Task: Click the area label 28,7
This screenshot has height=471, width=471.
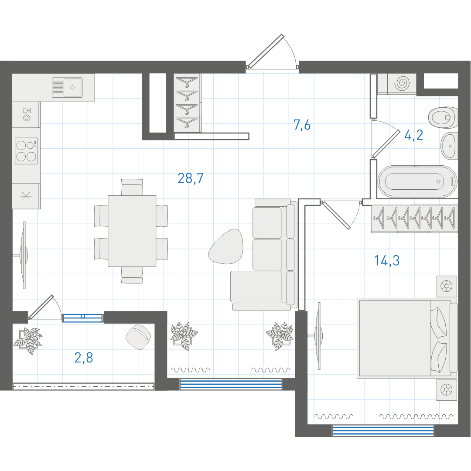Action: pyautogui.click(x=191, y=178)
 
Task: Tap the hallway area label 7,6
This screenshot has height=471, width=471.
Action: pyautogui.click(x=302, y=125)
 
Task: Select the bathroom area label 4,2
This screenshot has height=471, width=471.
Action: pyautogui.click(x=413, y=135)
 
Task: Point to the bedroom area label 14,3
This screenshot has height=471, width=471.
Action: pyautogui.click(x=387, y=260)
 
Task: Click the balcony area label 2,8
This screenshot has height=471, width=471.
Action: pyautogui.click(x=83, y=358)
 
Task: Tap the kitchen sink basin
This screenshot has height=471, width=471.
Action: pyautogui.click(x=72, y=87)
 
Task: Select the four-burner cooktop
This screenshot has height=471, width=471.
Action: pyautogui.click(x=26, y=151)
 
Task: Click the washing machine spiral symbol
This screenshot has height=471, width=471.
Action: pyautogui.click(x=402, y=83)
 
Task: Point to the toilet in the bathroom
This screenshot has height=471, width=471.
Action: pyautogui.click(x=443, y=117)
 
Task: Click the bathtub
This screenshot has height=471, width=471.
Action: pyautogui.click(x=417, y=181)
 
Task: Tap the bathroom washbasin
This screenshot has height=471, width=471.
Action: pyautogui.click(x=449, y=146)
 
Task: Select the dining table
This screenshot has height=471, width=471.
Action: pyautogui.click(x=132, y=231)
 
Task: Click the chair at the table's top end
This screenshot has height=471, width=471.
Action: pyautogui.click(x=132, y=187)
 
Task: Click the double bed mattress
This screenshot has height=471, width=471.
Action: pyautogui.click(x=395, y=338)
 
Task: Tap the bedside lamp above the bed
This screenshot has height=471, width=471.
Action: pyautogui.click(x=447, y=286)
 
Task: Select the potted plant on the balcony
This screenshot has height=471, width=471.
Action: pyautogui.click(x=27, y=341)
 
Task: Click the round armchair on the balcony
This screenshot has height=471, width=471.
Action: pyautogui.click(x=138, y=337)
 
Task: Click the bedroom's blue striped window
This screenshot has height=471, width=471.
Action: pyautogui.click(x=383, y=431)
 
